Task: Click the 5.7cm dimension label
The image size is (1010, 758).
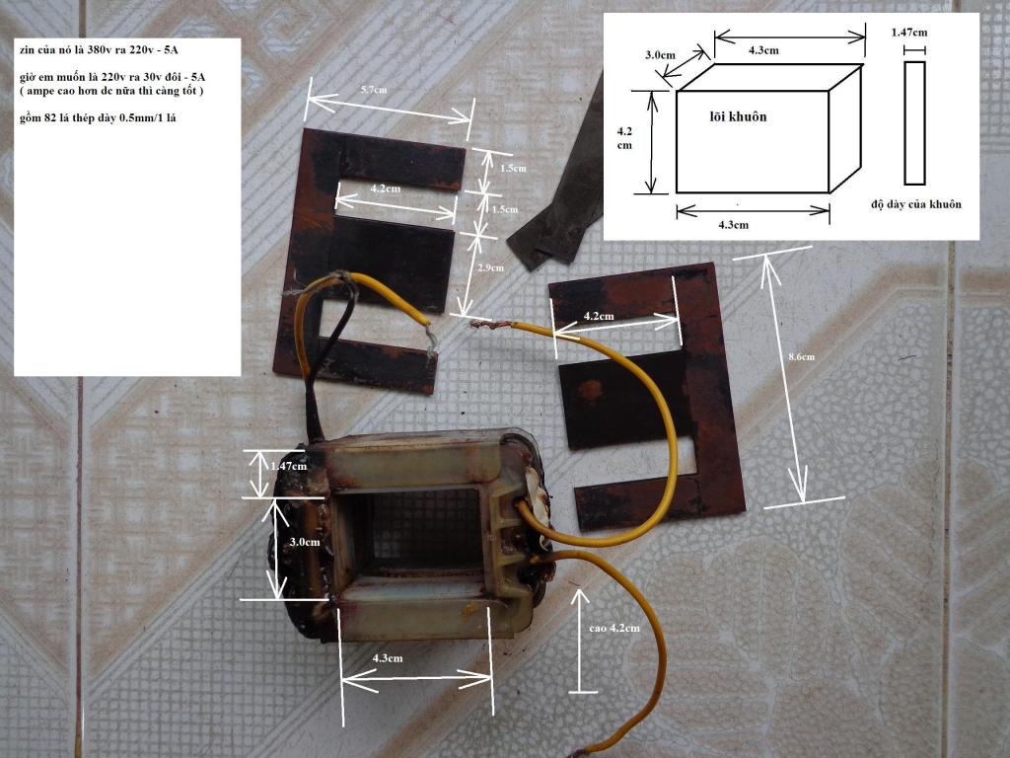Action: click(374, 90)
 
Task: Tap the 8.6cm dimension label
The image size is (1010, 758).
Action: click(801, 356)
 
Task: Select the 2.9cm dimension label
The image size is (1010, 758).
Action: click(491, 267)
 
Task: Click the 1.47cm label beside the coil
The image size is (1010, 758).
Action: click(289, 466)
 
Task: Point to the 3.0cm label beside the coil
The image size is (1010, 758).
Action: click(304, 542)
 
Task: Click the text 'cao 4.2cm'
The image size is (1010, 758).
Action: click(614, 628)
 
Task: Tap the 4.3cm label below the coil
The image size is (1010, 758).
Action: click(387, 658)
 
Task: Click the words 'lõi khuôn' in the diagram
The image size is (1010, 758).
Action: click(738, 116)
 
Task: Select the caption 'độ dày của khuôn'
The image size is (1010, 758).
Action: click(916, 204)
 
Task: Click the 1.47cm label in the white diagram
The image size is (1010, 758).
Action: click(909, 33)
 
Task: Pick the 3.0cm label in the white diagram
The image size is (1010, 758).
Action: click(660, 55)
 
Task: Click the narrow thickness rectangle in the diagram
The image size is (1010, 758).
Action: click(914, 123)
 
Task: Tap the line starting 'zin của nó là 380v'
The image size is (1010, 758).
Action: click(100, 49)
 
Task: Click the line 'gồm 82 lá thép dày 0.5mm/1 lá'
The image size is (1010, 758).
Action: click(98, 118)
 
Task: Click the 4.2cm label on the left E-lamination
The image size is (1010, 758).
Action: click(386, 189)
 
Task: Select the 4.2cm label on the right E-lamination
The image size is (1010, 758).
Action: click(599, 317)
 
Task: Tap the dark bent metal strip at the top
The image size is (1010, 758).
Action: click(559, 199)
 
